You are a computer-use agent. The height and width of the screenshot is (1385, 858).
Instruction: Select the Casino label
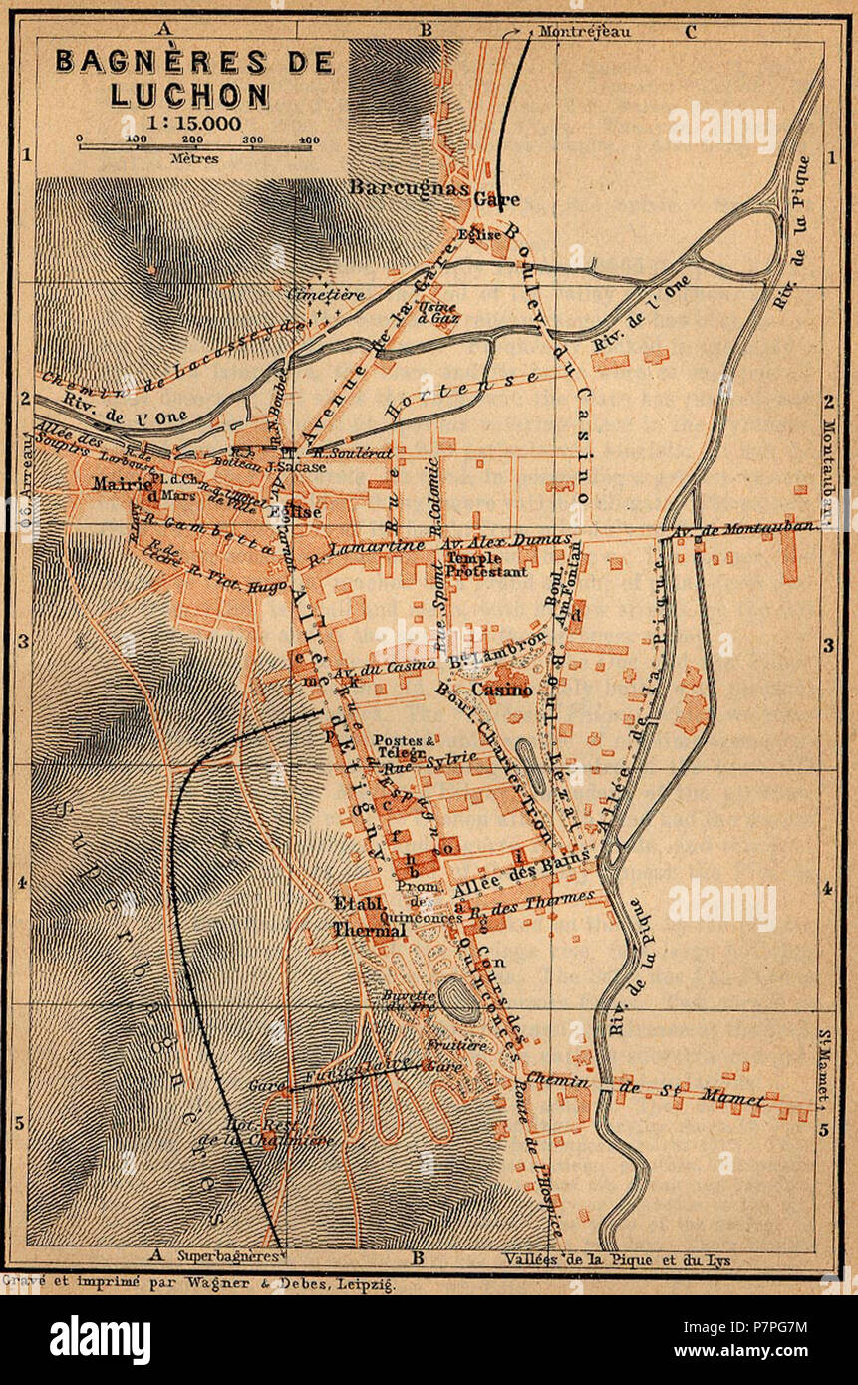[501, 690]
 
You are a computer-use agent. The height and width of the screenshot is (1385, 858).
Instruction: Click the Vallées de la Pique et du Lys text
[618, 1259]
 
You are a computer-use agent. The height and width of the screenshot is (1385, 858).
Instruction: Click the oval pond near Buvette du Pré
[458, 999]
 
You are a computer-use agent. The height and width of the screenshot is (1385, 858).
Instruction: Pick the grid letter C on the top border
[690, 30]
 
